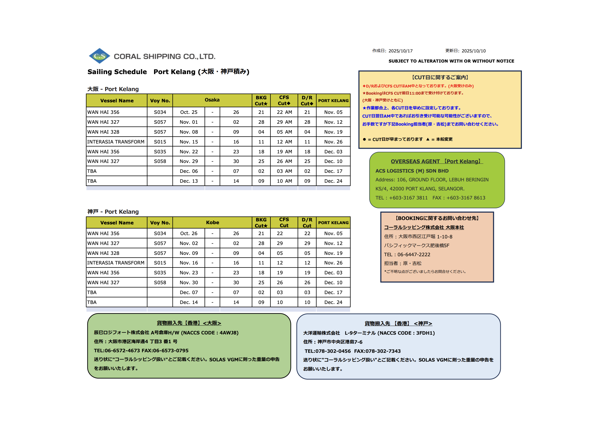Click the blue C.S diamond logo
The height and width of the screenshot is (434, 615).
99,56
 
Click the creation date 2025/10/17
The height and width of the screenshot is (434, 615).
400,51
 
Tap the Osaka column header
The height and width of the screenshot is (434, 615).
212,100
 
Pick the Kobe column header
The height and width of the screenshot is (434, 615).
212,222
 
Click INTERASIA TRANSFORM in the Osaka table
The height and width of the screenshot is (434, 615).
116,142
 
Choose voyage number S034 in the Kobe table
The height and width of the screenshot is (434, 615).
160,233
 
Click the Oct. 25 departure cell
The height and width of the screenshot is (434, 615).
189,112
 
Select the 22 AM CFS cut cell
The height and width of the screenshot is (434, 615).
284,112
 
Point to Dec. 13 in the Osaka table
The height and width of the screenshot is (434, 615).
189,181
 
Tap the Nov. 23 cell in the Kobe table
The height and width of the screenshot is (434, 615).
189,273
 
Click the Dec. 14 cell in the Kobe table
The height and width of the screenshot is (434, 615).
189,302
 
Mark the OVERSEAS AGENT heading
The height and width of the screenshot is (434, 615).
437,161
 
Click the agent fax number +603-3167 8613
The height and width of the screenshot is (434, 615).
466,198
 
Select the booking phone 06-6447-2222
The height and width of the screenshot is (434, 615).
414,255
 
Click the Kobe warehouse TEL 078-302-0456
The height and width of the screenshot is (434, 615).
333,351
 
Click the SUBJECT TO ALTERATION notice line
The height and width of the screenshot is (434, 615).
451,61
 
